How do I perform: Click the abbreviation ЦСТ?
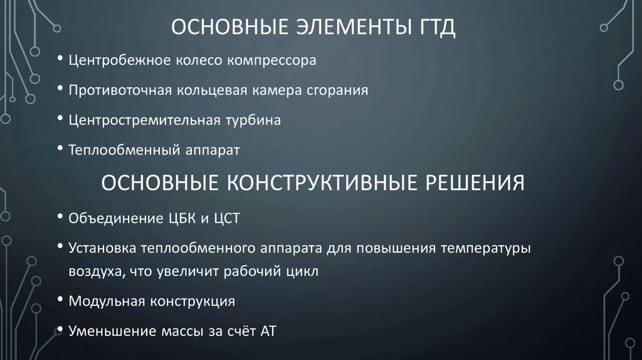tap(226, 218)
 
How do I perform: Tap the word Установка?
tap(103, 248)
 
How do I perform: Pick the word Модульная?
tap(107, 301)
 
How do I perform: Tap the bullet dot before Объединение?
tap(60, 218)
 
